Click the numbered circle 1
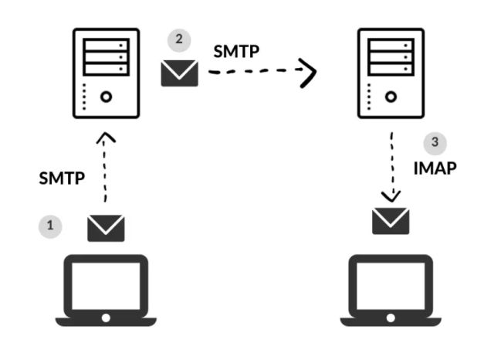[50, 226]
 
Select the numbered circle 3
[435, 143]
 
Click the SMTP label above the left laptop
[62, 178]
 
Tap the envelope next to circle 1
[106, 228]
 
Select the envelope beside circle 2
[180, 73]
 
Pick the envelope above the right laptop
[391, 220]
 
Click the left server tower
[106, 73]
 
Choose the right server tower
[391, 73]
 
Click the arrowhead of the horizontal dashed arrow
[309, 72]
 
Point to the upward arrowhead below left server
[106, 139]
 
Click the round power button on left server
[107, 97]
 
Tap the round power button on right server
[391, 97]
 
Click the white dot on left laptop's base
[106, 318]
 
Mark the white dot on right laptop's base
[391, 318]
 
